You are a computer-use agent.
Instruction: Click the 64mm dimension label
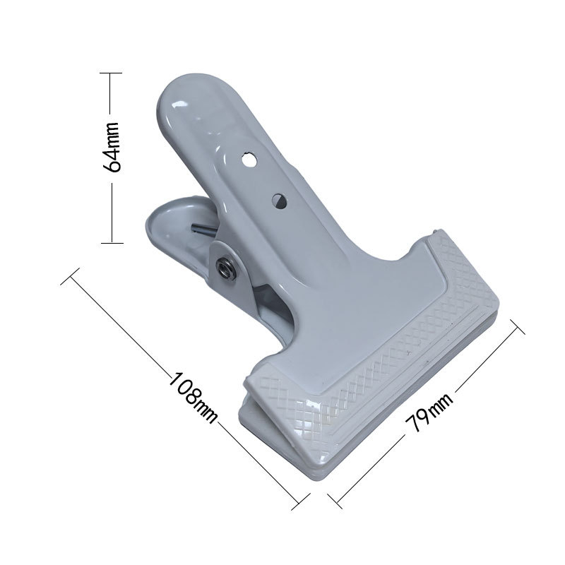pyautogui.click(x=112, y=147)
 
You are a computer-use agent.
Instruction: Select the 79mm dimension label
pyautogui.click(x=429, y=412)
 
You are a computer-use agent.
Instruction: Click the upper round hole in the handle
pyautogui.click(x=249, y=160)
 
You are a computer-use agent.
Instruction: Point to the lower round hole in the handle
pyautogui.click(x=279, y=201)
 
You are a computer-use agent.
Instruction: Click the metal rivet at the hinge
pyautogui.click(x=225, y=268)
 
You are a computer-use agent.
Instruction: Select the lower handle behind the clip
pyautogui.click(x=180, y=231)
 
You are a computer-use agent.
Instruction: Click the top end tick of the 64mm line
pyautogui.click(x=111, y=73)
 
